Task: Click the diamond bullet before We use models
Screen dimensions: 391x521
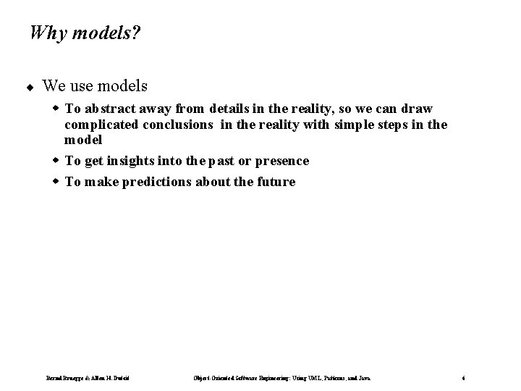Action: pos(31,87)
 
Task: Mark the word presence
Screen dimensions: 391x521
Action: pos(278,161)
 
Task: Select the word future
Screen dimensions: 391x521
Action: pos(275,182)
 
